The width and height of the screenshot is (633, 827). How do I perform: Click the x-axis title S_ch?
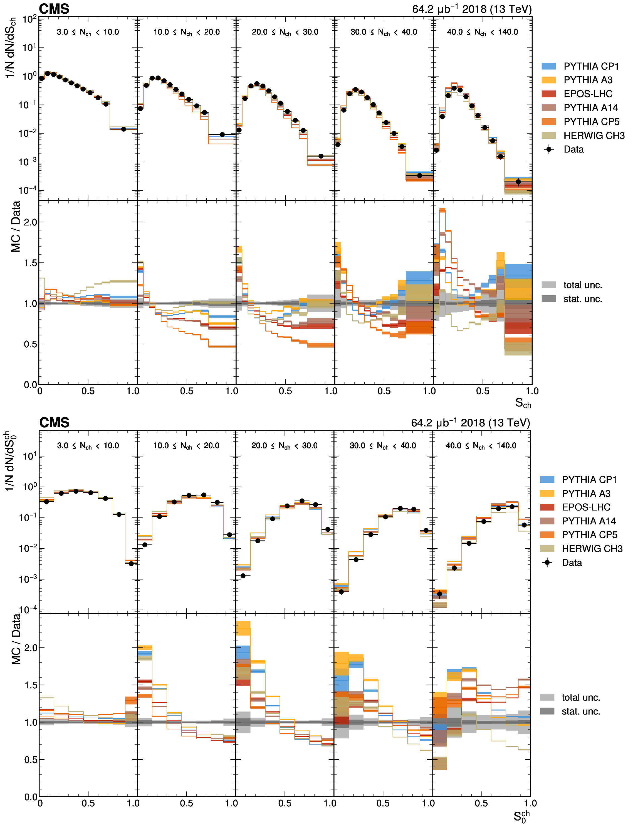click(523, 403)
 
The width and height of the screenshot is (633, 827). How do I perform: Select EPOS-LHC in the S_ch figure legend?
click(587, 94)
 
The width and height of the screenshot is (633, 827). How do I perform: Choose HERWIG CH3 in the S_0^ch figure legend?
click(592, 549)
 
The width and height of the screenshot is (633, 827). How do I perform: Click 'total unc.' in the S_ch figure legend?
click(582, 285)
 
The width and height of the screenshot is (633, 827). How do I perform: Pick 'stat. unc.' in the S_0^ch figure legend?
click(581, 711)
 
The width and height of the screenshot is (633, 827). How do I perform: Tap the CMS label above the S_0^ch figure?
click(54, 422)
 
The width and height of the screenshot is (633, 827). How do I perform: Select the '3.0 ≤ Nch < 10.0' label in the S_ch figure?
click(88, 32)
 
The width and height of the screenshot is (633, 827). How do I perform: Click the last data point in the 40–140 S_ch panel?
click(518, 182)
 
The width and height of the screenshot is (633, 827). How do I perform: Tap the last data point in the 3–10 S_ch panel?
click(123, 129)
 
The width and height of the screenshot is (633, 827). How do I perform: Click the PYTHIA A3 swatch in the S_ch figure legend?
click(549, 80)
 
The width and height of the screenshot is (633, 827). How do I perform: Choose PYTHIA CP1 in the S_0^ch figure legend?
click(589, 480)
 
